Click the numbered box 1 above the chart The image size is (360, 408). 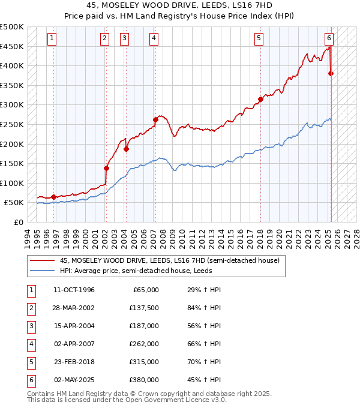(x=53, y=38)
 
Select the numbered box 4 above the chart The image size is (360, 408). (x=154, y=38)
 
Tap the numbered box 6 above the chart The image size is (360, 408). (x=329, y=38)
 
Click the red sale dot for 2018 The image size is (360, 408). (x=260, y=99)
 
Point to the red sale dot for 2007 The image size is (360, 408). (x=155, y=119)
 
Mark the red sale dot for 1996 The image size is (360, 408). (x=53, y=196)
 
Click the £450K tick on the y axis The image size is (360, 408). (x=13, y=46)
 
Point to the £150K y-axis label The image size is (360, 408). (x=13, y=163)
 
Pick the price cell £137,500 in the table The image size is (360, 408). (x=144, y=308)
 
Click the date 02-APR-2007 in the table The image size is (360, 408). (x=74, y=344)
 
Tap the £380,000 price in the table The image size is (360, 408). (x=144, y=380)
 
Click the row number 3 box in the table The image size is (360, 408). (x=30, y=326)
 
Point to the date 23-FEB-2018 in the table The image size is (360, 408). (x=74, y=362)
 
